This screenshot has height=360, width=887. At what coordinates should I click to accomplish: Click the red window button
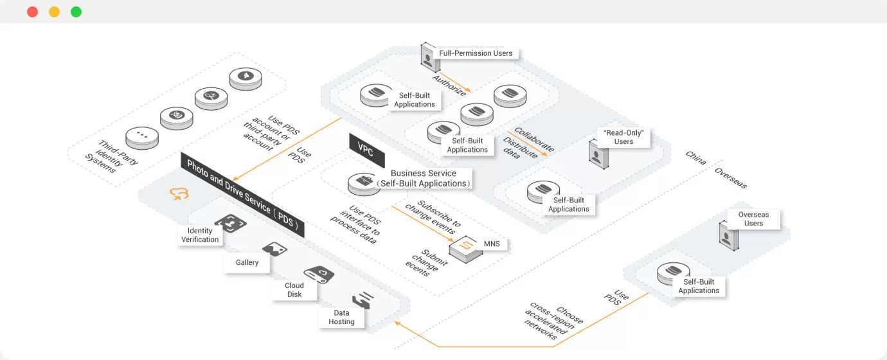33,12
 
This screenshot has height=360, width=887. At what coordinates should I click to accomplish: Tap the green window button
76,12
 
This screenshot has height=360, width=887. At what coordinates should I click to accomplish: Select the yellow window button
54,12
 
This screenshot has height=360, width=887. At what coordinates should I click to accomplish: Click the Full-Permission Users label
475,53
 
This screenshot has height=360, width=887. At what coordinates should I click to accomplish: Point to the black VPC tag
366,150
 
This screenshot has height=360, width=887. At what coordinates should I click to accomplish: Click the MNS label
492,244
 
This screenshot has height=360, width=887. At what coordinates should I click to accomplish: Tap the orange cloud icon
179,194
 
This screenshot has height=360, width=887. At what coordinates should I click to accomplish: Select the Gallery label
247,262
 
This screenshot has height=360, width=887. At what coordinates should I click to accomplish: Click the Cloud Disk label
294,290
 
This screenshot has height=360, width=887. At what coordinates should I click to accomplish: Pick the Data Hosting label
341,317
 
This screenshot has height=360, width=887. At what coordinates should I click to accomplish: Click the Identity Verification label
200,235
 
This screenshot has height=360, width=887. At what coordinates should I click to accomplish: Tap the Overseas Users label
753,219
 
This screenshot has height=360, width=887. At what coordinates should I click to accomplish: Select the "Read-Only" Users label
623,137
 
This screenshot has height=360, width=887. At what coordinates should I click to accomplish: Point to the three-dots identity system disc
142,138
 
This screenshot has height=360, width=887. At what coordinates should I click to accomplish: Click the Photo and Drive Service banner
242,195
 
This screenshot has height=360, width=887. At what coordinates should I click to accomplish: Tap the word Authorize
449,85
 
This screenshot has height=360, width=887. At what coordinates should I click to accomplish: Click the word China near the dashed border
695,157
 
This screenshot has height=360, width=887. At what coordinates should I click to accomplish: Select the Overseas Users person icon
729,236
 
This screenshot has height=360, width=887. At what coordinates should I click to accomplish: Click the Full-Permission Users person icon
429,57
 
